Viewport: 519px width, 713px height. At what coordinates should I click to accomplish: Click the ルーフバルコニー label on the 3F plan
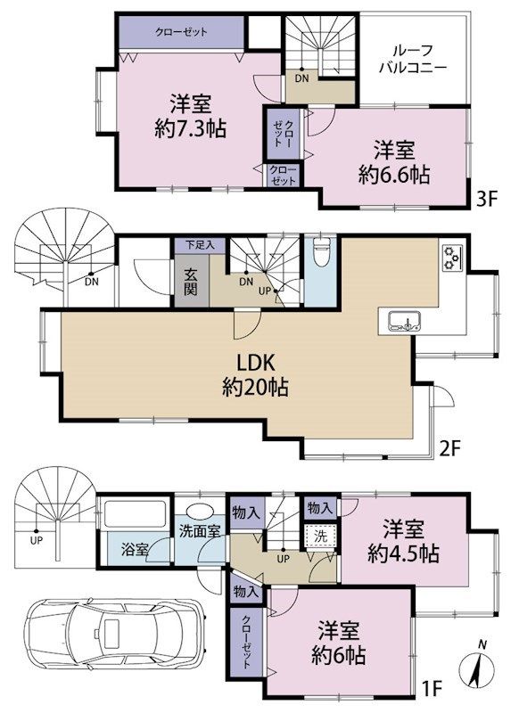(x=411, y=57)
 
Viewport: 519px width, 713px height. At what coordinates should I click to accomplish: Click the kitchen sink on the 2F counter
(x=401, y=322)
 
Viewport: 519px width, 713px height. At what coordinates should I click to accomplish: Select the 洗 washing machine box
(x=317, y=538)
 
